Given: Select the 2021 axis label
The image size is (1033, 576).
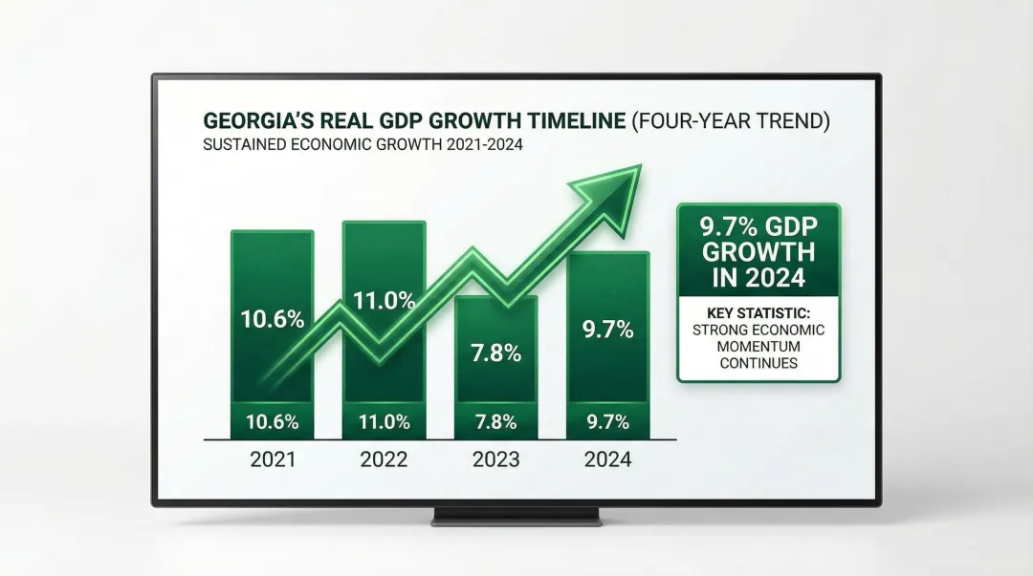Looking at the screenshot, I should click(273, 459).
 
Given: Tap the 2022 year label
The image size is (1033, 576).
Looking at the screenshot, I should click(385, 459).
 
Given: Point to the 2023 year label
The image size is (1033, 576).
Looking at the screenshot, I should click(496, 459).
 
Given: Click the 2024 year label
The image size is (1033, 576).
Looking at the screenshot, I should click(607, 459).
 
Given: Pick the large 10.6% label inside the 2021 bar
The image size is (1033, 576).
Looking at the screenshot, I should click(273, 319).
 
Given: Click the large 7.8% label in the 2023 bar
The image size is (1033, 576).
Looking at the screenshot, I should click(496, 352).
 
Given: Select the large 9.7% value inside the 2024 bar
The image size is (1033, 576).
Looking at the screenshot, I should click(608, 330).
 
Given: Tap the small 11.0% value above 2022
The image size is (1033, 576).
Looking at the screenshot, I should click(385, 421).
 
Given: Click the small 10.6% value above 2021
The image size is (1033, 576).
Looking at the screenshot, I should click(273, 421).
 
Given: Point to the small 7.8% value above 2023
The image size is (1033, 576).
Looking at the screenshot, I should click(496, 421).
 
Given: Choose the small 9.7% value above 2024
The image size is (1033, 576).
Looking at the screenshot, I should click(608, 421).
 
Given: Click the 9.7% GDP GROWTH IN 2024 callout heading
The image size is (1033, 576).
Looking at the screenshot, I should click(758, 252).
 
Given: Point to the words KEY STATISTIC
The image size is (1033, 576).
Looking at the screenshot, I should click(758, 312).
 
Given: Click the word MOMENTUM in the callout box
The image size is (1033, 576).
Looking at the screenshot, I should click(758, 347).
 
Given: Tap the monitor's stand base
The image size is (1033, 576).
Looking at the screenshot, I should click(516, 518).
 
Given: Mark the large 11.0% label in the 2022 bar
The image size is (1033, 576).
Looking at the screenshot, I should click(385, 300).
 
